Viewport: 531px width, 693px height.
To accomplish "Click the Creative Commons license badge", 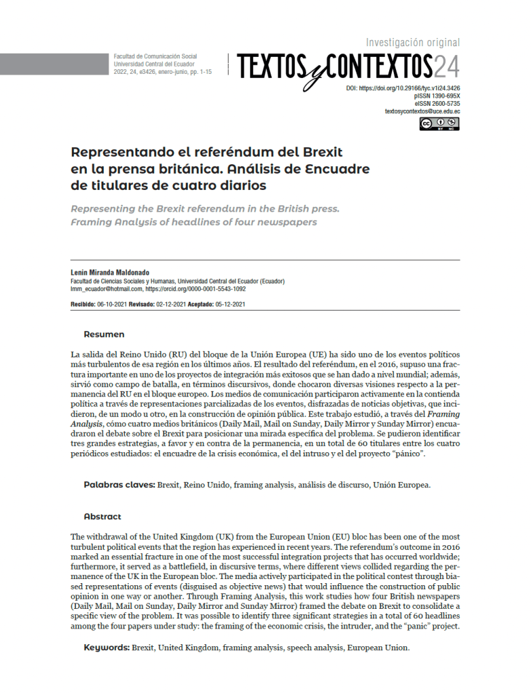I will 439,123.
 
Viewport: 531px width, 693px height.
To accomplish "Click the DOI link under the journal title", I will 403,88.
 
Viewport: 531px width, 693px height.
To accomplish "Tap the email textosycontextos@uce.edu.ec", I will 422,111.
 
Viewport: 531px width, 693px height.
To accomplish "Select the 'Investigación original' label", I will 412,42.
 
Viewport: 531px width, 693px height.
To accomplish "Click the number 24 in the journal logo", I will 446,66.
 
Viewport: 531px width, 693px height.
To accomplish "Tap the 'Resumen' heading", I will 104,334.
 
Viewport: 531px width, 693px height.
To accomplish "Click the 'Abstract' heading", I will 102,516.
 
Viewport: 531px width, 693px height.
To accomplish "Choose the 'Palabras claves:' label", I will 119,485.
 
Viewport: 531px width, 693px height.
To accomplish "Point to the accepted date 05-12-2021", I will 229,304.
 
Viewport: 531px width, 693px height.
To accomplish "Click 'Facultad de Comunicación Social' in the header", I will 155,56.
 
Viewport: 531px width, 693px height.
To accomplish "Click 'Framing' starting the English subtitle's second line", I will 94,222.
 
